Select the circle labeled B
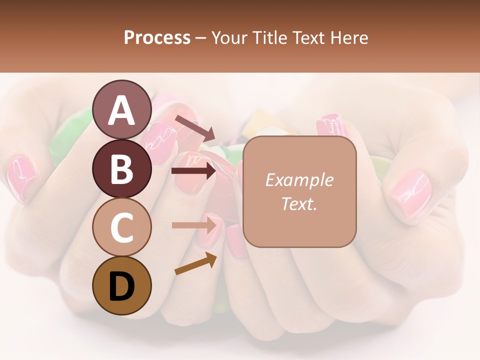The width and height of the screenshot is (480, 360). [x=122, y=168]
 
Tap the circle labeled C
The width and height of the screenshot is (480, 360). [x=122, y=227]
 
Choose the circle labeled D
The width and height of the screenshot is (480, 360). [x=122, y=286]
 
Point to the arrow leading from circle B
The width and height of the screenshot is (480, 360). [x=194, y=171]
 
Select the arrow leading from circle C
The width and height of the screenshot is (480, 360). [x=194, y=225]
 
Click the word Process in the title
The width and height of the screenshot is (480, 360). [x=157, y=37]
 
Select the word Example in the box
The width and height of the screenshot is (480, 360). [x=299, y=180]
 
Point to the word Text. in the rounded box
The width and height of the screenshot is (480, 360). [x=299, y=203]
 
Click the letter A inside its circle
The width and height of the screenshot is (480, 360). [x=122, y=110]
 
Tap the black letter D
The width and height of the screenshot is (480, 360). [x=122, y=286]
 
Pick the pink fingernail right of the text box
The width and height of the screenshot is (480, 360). [x=410, y=193]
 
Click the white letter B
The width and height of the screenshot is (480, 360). [x=122, y=169]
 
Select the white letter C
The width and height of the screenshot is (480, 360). [x=122, y=228]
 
